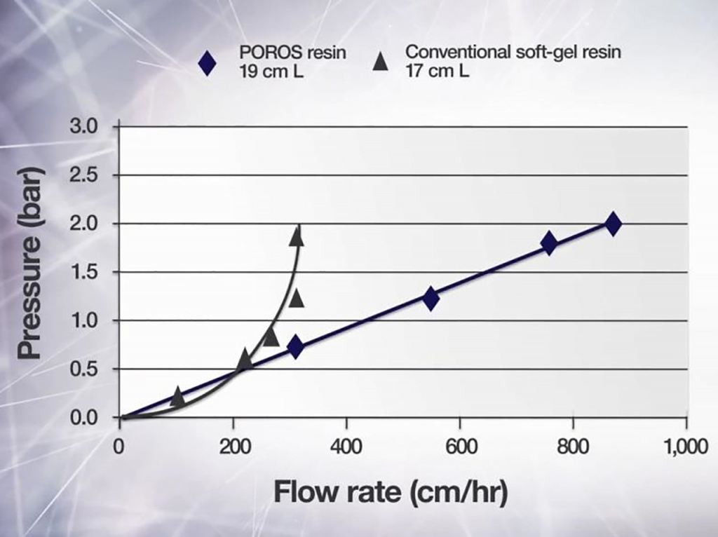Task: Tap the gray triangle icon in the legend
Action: coord(381,62)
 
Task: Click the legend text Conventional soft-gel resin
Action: coord(513,53)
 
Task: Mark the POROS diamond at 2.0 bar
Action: coord(613,224)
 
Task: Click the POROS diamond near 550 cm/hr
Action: coord(431,298)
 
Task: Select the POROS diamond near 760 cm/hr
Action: coord(548,243)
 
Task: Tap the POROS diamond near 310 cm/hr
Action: coord(295,346)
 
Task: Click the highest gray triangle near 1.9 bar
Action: coord(297,236)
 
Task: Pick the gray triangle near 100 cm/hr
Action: coord(177,397)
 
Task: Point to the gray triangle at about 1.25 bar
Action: coord(296,298)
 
